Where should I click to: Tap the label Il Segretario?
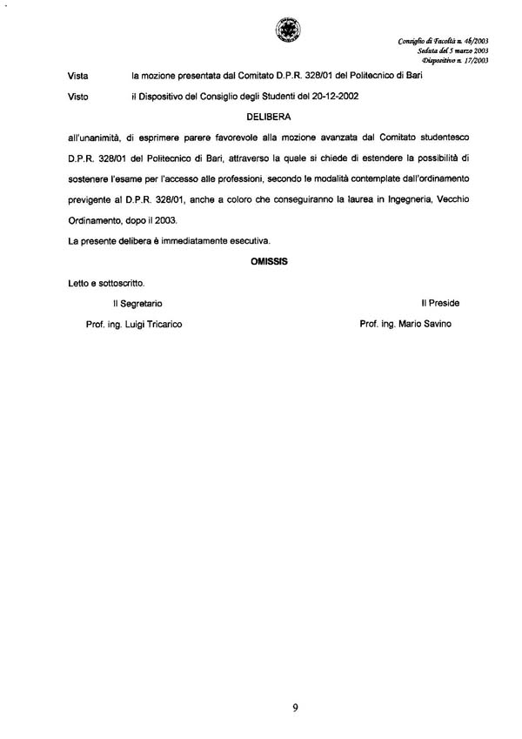coord(130,303)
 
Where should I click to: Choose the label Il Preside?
coord(440,303)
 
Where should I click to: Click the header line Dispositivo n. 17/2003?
coord(455,61)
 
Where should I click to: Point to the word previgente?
coord(92,199)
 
